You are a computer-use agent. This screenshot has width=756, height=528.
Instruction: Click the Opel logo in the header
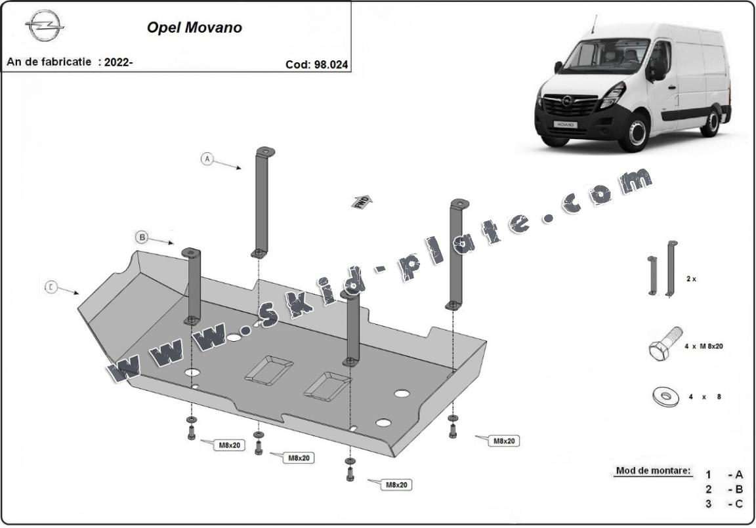click(x=45, y=27)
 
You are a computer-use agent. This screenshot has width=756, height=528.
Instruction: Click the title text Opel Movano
click(x=194, y=28)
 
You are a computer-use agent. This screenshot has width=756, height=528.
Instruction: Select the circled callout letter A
click(x=207, y=159)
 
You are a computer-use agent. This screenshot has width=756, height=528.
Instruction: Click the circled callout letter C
click(x=51, y=287)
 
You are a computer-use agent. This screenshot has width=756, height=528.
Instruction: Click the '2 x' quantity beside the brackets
click(x=691, y=279)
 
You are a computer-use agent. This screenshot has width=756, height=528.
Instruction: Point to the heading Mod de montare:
click(x=653, y=471)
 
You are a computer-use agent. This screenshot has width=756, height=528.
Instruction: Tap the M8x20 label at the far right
click(x=503, y=441)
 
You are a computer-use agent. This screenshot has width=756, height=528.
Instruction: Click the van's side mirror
click(x=657, y=69)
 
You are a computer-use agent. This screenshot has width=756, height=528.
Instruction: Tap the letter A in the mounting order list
click(x=740, y=474)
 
